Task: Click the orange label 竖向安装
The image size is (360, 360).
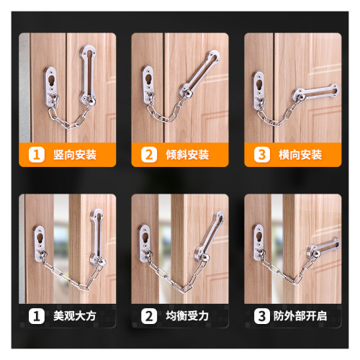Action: point(75,155)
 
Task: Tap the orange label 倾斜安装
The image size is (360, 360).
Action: point(187,155)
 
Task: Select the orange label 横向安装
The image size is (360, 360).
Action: point(300,155)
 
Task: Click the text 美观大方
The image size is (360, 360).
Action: point(75,316)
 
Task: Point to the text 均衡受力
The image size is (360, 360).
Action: point(187,316)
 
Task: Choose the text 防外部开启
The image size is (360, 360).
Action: point(300,316)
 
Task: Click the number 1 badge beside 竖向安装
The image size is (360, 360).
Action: point(37,155)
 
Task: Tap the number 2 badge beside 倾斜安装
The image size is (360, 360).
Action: point(149,155)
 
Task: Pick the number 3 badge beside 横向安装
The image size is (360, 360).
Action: point(262,155)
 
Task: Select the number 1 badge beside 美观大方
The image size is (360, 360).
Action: point(37,316)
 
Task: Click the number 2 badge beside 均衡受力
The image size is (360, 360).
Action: point(149,316)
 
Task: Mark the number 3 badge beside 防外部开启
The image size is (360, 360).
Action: point(262,316)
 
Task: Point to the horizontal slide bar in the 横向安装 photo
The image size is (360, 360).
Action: point(316,91)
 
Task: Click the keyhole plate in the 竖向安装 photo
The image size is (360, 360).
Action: point(51,87)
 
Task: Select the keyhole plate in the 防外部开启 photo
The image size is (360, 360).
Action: point(258,242)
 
